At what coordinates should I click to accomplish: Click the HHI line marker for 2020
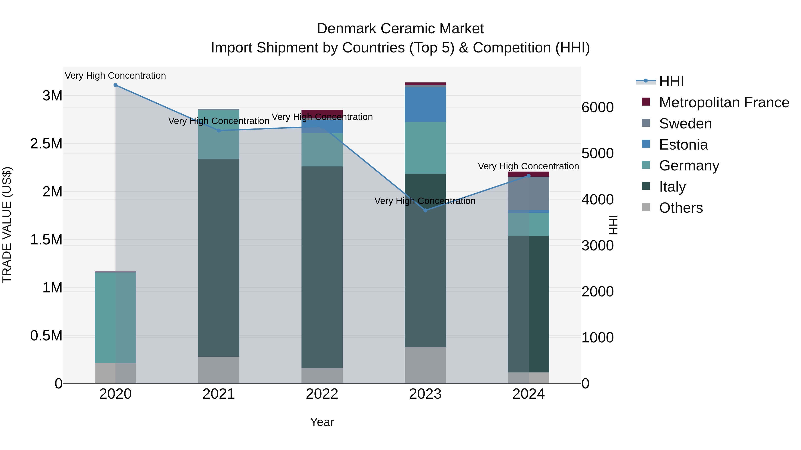click(115, 85)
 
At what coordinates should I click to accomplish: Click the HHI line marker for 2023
click(425, 210)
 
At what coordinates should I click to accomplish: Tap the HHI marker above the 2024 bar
click(529, 176)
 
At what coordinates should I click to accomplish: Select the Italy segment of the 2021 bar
click(218, 258)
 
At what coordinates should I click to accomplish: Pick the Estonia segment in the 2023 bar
click(425, 105)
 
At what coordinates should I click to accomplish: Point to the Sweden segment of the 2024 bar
click(529, 193)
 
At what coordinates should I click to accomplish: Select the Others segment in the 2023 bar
click(425, 365)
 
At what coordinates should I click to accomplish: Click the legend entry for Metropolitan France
click(724, 102)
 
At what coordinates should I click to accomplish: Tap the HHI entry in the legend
click(671, 81)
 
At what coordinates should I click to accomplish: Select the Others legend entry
click(681, 208)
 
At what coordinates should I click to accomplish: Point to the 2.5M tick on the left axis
click(46, 144)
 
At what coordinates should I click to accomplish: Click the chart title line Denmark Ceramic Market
click(400, 29)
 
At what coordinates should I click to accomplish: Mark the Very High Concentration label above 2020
click(115, 76)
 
